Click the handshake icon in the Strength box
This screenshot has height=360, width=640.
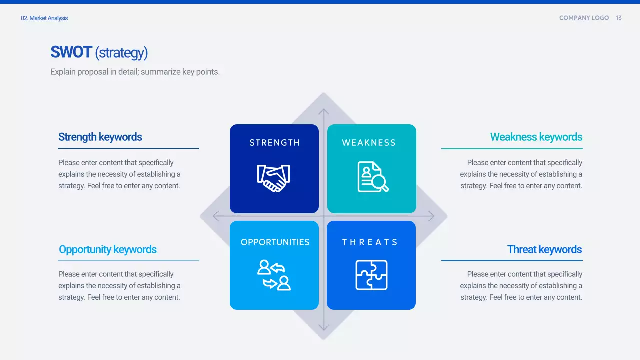point(273,178)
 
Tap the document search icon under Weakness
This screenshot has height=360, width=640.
point(373,177)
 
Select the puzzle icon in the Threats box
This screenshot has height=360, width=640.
point(371,275)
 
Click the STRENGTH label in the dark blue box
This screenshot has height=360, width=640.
point(275,143)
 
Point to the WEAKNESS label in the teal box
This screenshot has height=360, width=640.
point(369,143)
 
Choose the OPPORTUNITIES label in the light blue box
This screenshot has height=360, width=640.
point(275,242)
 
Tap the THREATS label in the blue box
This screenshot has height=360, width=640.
point(370,242)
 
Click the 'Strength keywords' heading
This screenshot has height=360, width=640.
point(100,137)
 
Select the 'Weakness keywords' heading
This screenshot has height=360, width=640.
point(536,137)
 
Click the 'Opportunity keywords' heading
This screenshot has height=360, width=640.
point(107,250)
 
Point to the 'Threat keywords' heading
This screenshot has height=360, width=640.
point(544,249)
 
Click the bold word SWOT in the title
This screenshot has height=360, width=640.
point(71,52)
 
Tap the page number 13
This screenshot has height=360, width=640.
point(619,18)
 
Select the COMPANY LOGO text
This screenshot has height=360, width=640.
point(584,18)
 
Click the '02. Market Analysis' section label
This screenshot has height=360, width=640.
point(44,18)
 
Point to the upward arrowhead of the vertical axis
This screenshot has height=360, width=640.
point(323,111)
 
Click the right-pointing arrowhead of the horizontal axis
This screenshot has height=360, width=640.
point(431,216)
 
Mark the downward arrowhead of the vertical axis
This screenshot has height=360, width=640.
point(323,327)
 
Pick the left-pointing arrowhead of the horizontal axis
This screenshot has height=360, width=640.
point(216,216)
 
